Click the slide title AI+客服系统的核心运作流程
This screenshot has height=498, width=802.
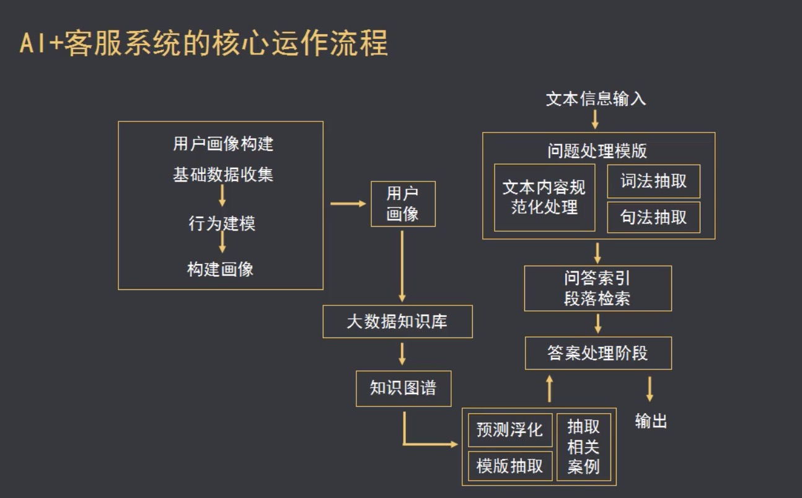pyautogui.click(x=204, y=43)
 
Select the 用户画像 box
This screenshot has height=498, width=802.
pyautogui.click(x=403, y=204)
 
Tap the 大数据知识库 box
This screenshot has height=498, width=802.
pyautogui.click(x=397, y=321)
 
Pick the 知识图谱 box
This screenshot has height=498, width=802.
pyautogui.click(x=403, y=388)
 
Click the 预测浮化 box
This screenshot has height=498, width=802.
pyautogui.click(x=509, y=429)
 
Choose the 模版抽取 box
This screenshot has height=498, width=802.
pyautogui.click(x=509, y=466)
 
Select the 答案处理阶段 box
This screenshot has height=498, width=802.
pyautogui.click(x=598, y=353)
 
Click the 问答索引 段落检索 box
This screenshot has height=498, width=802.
pyautogui.click(x=597, y=289)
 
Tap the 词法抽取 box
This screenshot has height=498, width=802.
pyautogui.click(x=653, y=181)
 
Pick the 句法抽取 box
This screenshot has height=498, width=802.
pyautogui.click(x=653, y=217)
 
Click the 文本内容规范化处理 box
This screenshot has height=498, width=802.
pyautogui.click(x=544, y=198)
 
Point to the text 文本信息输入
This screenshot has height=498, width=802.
pyautogui.click(x=596, y=99)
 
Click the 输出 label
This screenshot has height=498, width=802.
pyautogui.click(x=651, y=422)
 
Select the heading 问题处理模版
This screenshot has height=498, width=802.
pyautogui.click(x=597, y=151)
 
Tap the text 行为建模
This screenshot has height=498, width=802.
pyautogui.click(x=221, y=223)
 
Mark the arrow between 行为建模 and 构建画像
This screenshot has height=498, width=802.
pyautogui.click(x=222, y=243)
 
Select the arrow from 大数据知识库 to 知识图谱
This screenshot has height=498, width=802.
pyautogui.click(x=402, y=354)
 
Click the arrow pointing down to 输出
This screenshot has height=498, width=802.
pyautogui.click(x=650, y=389)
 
